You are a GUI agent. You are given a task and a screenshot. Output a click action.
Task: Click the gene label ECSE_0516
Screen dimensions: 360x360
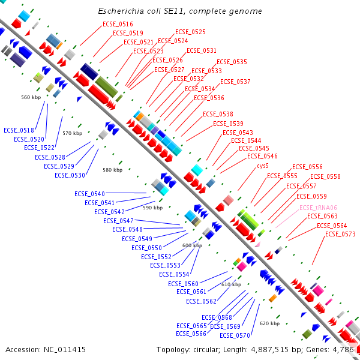tap(118, 23)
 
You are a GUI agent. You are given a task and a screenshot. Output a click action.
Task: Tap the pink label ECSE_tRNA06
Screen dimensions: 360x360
tap(318, 207)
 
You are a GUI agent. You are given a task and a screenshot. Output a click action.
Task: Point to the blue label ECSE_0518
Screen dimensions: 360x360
tap(19, 130)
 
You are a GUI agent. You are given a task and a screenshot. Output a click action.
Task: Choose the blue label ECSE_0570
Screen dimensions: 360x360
tap(235, 335)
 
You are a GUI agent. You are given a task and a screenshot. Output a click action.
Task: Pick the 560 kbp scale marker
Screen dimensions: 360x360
tap(31, 97)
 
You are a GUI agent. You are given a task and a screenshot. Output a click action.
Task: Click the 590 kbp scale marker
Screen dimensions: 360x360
tap(152, 208)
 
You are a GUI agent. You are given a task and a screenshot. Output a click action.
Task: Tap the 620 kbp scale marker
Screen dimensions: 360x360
tap(269, 323)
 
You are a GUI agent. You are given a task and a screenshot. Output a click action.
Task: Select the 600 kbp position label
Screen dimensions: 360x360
tap(192, 245)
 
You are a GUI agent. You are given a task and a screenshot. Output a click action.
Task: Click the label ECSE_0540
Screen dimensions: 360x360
tap(89, 194)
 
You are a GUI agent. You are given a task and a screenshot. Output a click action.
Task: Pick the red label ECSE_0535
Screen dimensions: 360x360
tap(232, 62)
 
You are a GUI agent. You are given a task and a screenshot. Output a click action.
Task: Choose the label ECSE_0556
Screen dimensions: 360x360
tap(307, 167)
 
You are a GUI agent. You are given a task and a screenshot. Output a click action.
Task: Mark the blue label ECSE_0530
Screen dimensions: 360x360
tap(70, 175)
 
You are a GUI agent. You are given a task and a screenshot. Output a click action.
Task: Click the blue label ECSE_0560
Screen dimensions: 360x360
tap(183, 284)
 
